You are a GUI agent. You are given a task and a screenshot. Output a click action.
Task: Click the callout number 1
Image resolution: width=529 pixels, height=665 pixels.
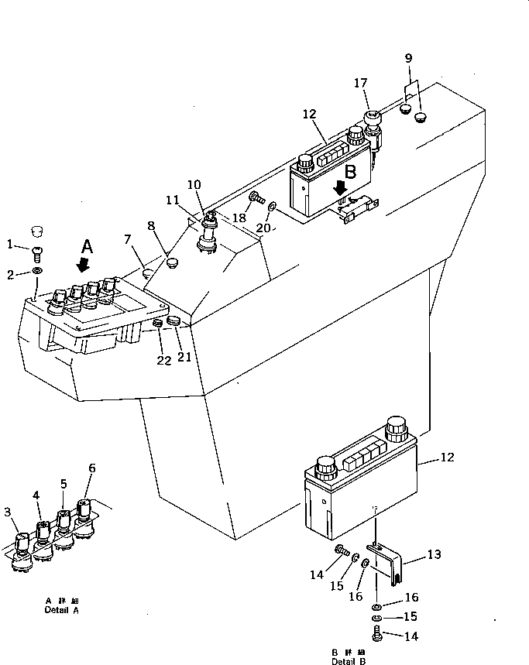(10, 245)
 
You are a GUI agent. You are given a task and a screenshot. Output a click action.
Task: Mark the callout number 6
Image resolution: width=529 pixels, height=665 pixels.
(92, 468)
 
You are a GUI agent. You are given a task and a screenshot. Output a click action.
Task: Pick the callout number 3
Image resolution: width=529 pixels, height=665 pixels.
(8, 512)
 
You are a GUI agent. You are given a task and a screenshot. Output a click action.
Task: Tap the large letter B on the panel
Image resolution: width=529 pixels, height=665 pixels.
(351, 172)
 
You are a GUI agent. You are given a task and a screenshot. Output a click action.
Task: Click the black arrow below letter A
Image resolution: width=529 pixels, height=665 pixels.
(83, 265)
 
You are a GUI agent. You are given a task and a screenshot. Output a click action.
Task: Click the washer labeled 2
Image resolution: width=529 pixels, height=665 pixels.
(38, 272)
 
